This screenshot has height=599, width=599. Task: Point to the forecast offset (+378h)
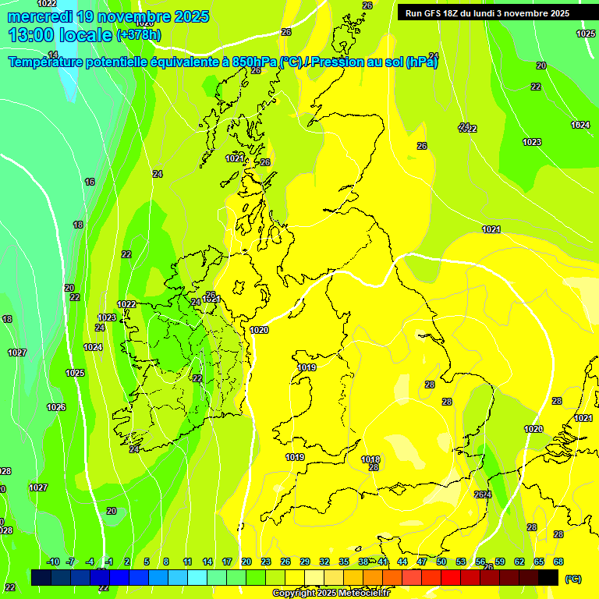pyautogui.click(x=139, y=35)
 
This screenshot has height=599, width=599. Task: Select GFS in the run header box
pyautogui.click(x=434, y=13)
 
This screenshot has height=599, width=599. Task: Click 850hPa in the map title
pyautogui.click(x=253, y=62)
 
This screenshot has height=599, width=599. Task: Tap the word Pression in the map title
pyautogui.click(x=337, y=62)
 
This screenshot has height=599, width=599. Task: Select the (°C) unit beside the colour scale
pyautogui.click(x=572, y=579)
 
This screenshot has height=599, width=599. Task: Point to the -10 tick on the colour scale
pyautogui.click(x=53, y=562)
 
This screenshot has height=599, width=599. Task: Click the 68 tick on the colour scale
pyautogui.click(x=558, y=562)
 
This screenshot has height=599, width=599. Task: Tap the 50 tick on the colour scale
pyautogui.click(x=441, y=562)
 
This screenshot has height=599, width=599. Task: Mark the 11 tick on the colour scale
pyautogui.click(x=187, y=562)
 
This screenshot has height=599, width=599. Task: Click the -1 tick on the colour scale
pyautogui.click(x=109, y=562)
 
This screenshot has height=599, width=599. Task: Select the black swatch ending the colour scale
pyautogui.click(x=548, y=577)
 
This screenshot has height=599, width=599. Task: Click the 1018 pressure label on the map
pyautogui.click(x=370, y=459)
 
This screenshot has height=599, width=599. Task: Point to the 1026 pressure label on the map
pyautogui.click(x=56, y=407)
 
